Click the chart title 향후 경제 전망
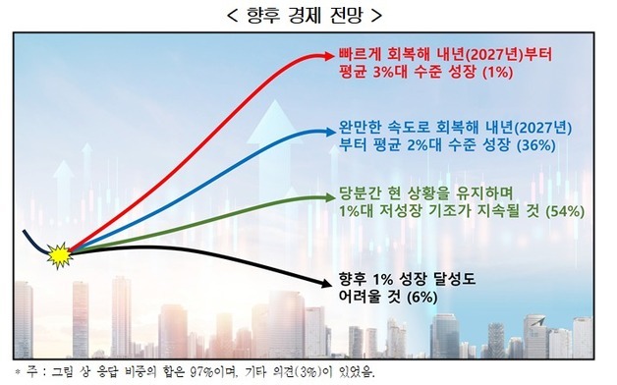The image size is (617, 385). pos(308,15)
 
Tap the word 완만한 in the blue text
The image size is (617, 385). pos(357,126)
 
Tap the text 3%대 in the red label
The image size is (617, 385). pos(402,71)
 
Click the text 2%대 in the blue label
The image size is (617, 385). pos(421,144)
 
